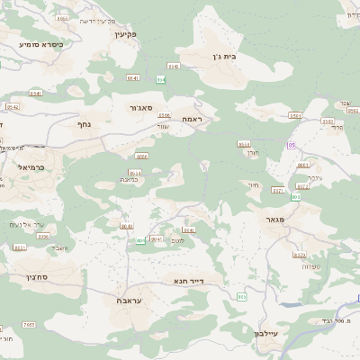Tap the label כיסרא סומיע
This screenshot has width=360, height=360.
(x=40, y=42)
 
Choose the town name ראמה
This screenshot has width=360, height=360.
(x=190, y=119)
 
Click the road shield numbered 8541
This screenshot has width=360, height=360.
(x=37, y=93)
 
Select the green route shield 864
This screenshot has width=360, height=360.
(x=161, y=79)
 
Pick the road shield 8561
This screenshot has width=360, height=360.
(x=295, y=116)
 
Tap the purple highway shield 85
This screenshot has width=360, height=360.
(x=292, y=144)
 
